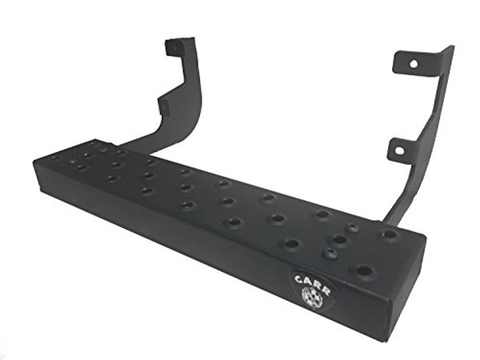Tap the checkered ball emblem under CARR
(x=310, y=296)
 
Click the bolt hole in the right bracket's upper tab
(x=414, y=62)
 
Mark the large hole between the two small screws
(x=339, y=239)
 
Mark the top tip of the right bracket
(x=448, y=48)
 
